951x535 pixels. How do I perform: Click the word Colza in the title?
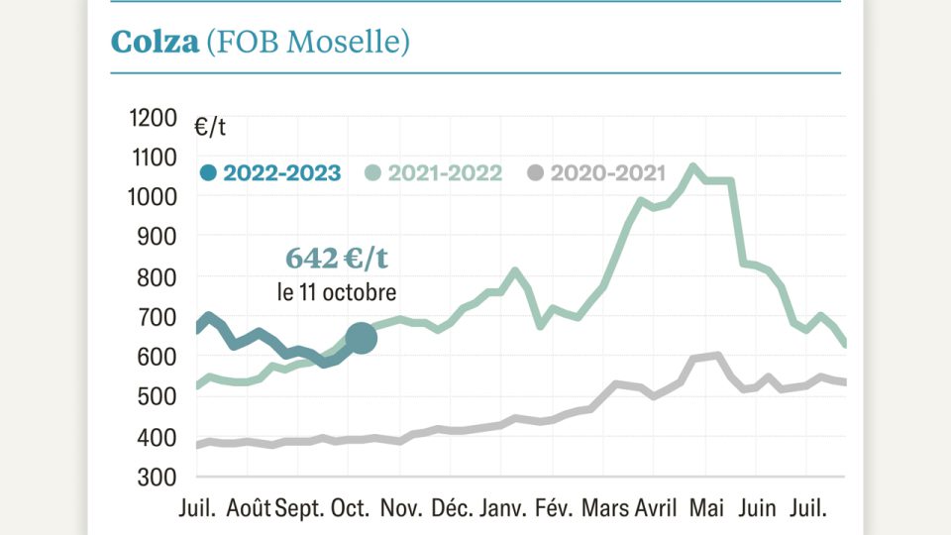[154, 42]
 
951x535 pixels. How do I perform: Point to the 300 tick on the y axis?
[158, 477]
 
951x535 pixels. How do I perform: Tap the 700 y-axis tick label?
[158, 317]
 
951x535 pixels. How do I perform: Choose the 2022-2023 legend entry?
[270, 173]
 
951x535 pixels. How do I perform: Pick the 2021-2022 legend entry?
[433, 173]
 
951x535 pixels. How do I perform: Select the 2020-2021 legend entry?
[595, 173]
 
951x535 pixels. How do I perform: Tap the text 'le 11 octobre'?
[337, 293]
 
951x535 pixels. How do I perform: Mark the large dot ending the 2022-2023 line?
[361, 338]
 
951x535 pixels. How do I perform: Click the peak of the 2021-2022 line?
[692, 167]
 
